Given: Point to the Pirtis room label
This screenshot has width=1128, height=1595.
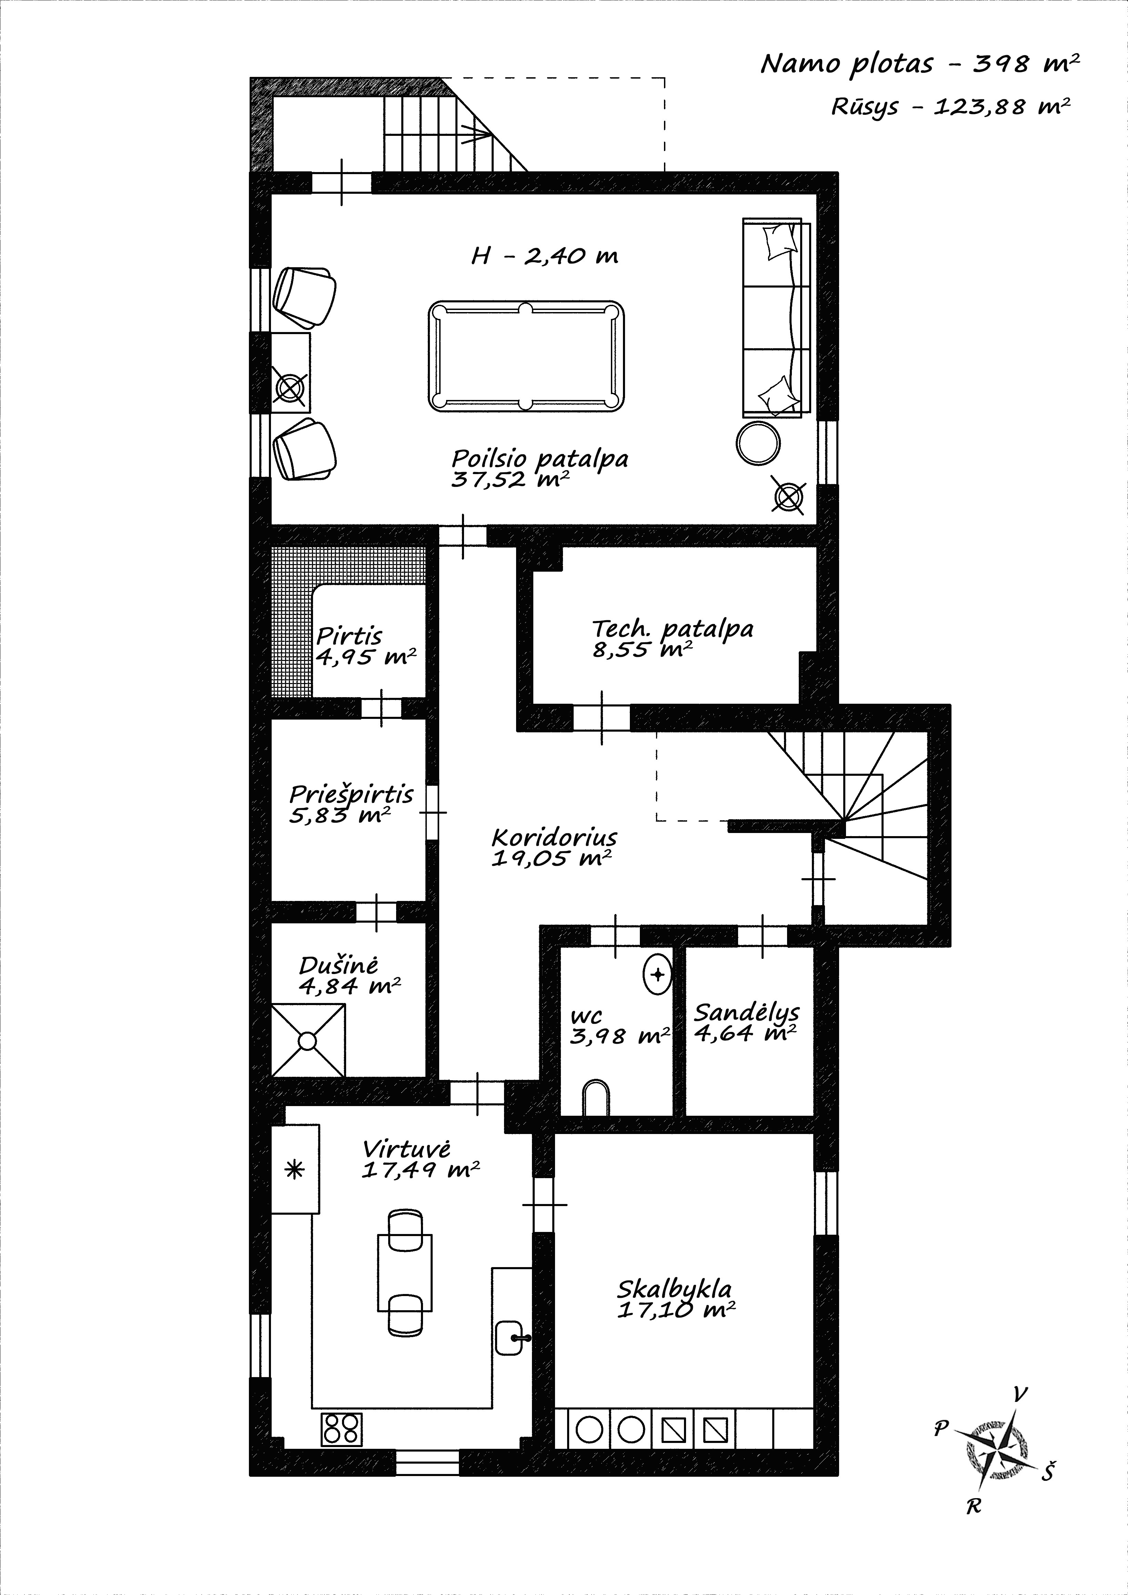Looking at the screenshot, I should (x=349, y=636).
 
